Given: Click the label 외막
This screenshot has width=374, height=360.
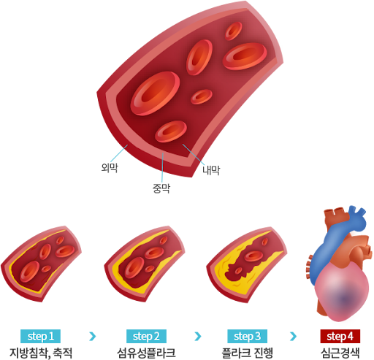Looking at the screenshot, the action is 110,168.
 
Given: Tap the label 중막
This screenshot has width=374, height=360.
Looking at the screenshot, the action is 161,188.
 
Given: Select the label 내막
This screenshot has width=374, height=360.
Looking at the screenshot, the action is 211,170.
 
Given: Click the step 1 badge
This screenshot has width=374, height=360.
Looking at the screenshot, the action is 40,336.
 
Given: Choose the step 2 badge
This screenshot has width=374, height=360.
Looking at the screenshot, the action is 146,336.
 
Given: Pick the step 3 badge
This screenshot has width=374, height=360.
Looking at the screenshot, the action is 247,336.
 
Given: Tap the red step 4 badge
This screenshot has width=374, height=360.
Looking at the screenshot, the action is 340,336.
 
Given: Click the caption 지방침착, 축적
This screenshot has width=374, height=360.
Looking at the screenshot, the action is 41,353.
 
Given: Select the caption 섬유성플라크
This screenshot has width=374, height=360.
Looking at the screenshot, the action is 146,353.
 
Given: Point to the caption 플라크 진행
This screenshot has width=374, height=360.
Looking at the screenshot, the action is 247,353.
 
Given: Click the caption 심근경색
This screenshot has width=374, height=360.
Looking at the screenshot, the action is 340,353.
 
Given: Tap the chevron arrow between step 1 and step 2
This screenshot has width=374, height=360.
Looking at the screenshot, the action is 93,336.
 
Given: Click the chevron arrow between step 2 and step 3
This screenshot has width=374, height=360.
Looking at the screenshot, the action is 198,336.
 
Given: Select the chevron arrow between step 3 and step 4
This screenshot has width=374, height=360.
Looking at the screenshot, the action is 294,336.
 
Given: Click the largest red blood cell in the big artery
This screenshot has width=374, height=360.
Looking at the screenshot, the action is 155,93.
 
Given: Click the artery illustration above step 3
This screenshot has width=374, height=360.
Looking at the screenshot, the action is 247,264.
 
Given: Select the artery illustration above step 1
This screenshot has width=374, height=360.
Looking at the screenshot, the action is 41,264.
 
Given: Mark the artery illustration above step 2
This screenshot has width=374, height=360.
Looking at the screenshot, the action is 145,264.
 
